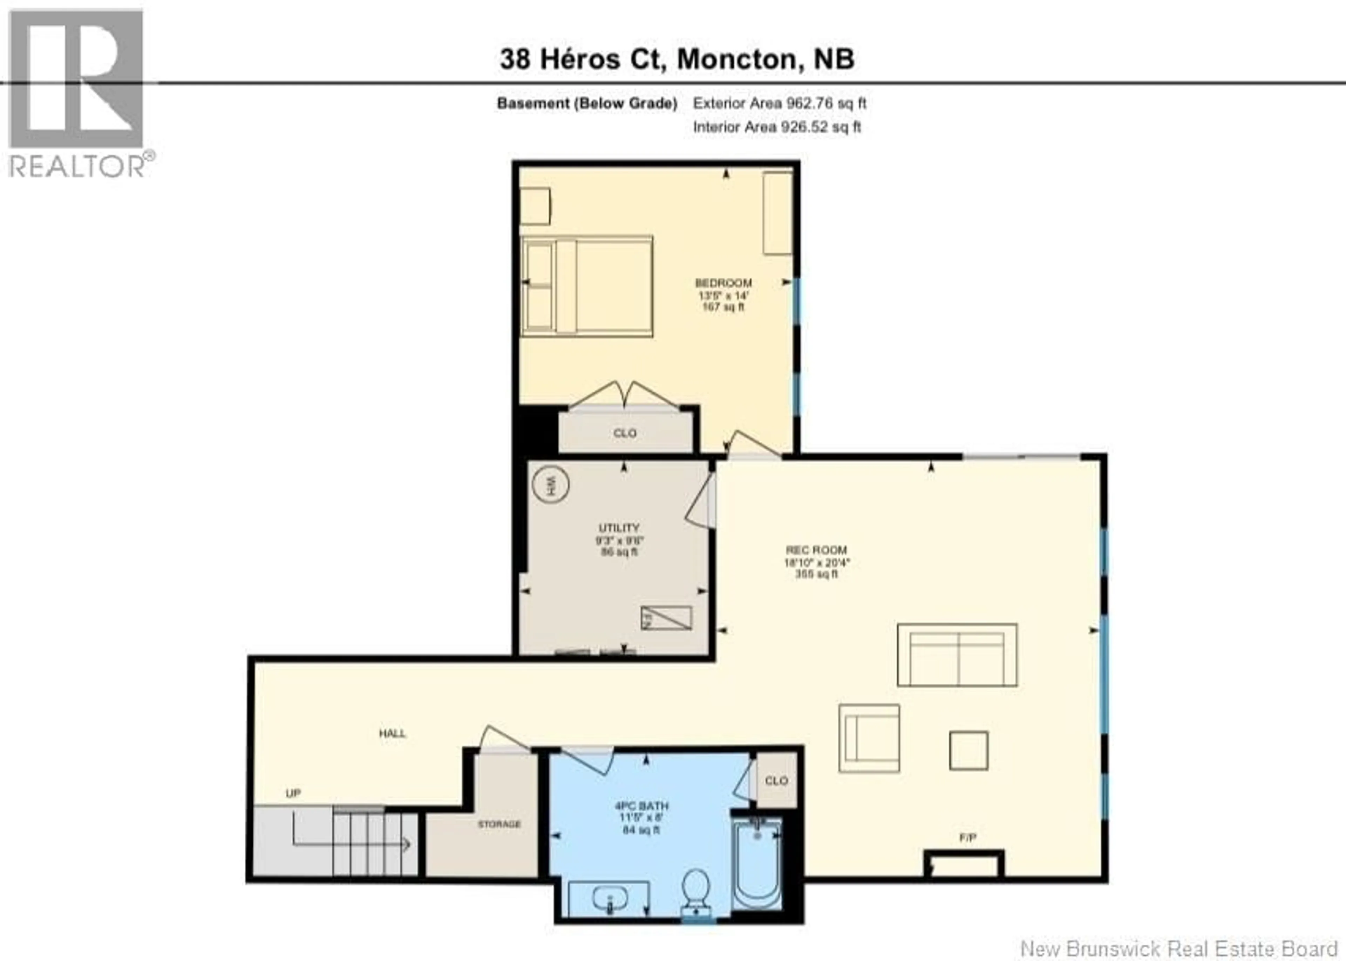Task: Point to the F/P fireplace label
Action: coord(967,837)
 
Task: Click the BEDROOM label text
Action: coord(723,283)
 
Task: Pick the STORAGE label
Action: coord(499,824)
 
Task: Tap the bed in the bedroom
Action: coord(586,287)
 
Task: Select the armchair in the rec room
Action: coord(869,738)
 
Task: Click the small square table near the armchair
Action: coord(968,750)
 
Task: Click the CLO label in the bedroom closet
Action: coord(625,433)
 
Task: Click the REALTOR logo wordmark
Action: coord(77,166)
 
